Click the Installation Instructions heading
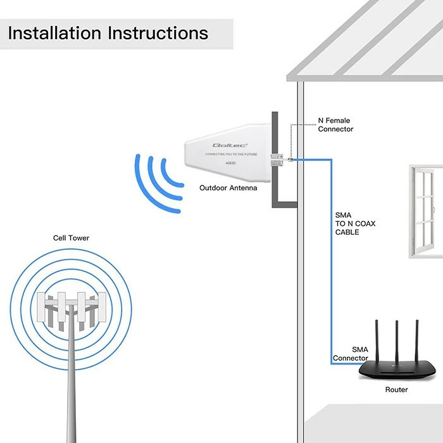(108, 33)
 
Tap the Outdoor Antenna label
(228, 188)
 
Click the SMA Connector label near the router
(351, 354)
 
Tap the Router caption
(397, 390)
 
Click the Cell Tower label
(71, 238)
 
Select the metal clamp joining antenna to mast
(277, 159)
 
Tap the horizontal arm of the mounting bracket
(285, 204)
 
